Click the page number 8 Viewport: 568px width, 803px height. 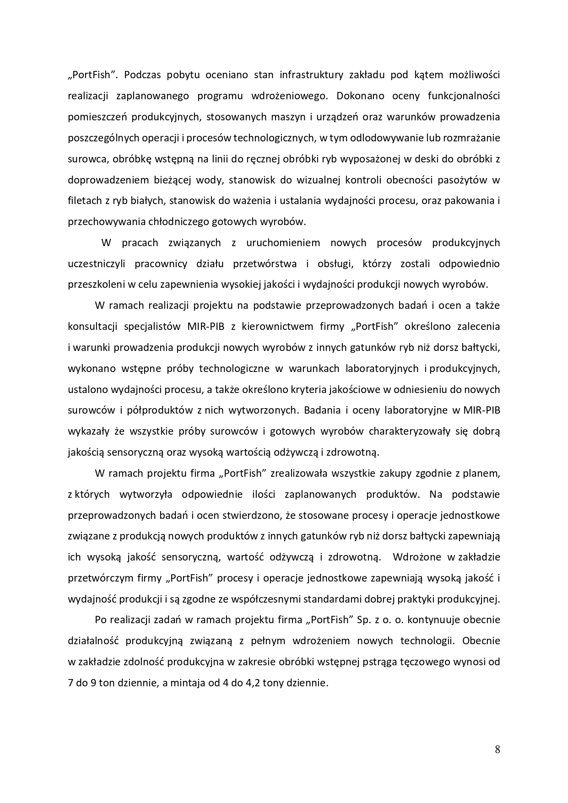pos(497,749)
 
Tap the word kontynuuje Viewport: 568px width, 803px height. pos(433,620)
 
